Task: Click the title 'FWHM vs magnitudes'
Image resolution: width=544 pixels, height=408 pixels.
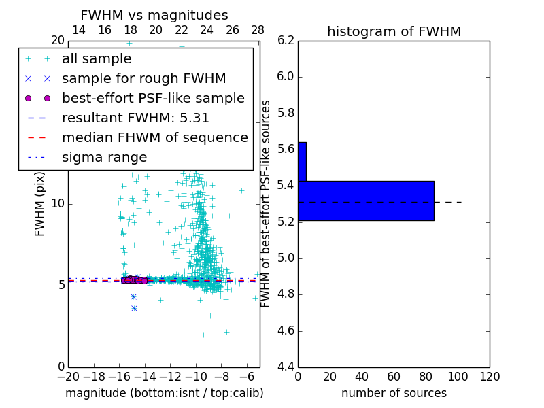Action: pyautogui.click(x=154, y=16)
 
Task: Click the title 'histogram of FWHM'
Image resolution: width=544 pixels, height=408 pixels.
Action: pyautogui.click(x=394, y=31)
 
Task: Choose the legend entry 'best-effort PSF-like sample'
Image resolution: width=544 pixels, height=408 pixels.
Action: pyautogui.click(x=153, y=98)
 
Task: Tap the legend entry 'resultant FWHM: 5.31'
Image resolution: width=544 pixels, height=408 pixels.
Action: pyautogui.click(x=135, y=118)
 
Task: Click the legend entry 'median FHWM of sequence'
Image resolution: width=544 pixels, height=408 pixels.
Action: pyautogui.click(x=154, y=137)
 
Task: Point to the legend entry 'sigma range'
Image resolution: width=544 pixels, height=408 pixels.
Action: pyautogui.click(x=104, y=157)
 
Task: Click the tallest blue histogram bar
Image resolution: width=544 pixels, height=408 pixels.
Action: pyautogui.click(x=366, y=201)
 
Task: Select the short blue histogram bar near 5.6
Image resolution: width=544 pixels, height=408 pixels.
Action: pyautogui.click(x=302, y=161)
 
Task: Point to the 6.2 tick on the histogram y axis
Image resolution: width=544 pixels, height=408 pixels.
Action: pyautogui.click(x=286, y=40)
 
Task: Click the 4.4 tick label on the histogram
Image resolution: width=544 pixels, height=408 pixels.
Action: pyautogui.click(x=286, y=367)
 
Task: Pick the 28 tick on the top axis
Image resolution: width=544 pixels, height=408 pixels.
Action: pyautogui.click(x=258, y=30)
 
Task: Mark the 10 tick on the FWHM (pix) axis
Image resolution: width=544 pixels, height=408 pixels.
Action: pyautogui.click(x=58, y=204)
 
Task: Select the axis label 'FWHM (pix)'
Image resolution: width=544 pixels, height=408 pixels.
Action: pyautogui.click(x=40, y=204)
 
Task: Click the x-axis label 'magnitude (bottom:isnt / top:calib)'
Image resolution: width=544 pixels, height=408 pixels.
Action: pyautogui.click(x=164, y=393)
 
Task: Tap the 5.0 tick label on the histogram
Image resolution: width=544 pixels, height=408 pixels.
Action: pyautogui.click(x=286, y=258)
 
